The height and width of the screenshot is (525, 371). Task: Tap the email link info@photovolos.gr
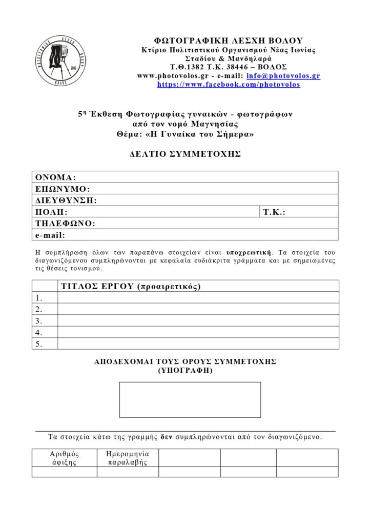pyautogui.click(x=283, y=76)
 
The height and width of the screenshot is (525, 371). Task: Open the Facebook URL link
pyautogui.click(x=229, y=85)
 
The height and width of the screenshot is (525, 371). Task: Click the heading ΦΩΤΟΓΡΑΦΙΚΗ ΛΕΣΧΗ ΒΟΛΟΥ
pyautogui.click(x=229, y=41)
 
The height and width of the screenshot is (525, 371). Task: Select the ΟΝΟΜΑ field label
pyautogui.click(x=55, y=177)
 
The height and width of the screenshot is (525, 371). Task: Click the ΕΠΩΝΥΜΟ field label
pyautogui.click(x=63, y=189)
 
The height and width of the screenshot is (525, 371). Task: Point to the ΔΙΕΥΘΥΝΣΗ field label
pyautogui.click(x=66, y=200)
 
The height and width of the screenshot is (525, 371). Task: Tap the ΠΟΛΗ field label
pyautogui.click(x=51, y=212)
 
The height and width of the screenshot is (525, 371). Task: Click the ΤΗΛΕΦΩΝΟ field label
pyautogui.click(x=65, y=224)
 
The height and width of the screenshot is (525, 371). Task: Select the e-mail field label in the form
pyautogui.click(x=50, y=235)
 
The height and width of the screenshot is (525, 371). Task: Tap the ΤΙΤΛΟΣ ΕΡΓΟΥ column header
pyautogui.click(x=131, y=286)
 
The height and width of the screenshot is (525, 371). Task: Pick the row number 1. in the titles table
pyautogui.click(x=39, y=298)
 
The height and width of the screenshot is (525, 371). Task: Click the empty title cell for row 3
pyautogui.click(x=198, y=321)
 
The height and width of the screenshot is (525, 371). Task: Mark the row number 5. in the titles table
pyautogui.click(x=39, y=344)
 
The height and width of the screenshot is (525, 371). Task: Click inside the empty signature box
pyautogui.click(x=190, y=399)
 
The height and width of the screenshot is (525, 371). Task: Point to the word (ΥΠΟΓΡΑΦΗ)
pyautogui.click(x=185, y=370)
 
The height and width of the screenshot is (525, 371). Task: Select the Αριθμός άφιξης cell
pyautogui.click(x=64, y=458)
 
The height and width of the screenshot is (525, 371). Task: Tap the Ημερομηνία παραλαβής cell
pyautogui.click(x=127, y=458)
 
